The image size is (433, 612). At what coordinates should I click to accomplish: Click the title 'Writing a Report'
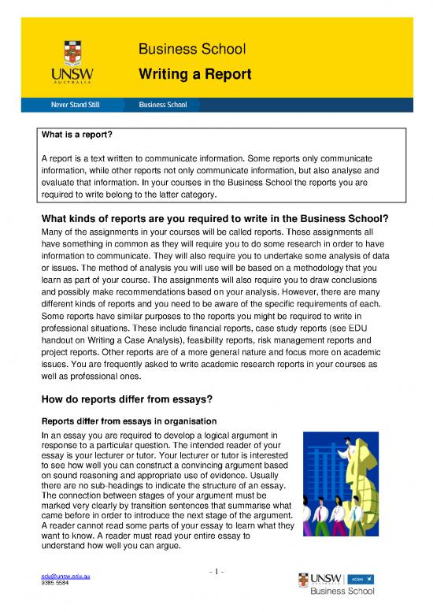(195, 75)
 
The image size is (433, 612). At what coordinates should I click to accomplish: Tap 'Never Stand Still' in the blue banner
(76, 104)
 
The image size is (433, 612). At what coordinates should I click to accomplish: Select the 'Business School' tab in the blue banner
(163, 104)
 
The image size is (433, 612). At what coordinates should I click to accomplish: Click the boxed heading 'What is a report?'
(76, 135)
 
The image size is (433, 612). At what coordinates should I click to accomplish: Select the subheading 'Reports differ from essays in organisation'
(124, 417)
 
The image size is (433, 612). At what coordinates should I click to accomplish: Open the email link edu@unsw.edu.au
(65, 577)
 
